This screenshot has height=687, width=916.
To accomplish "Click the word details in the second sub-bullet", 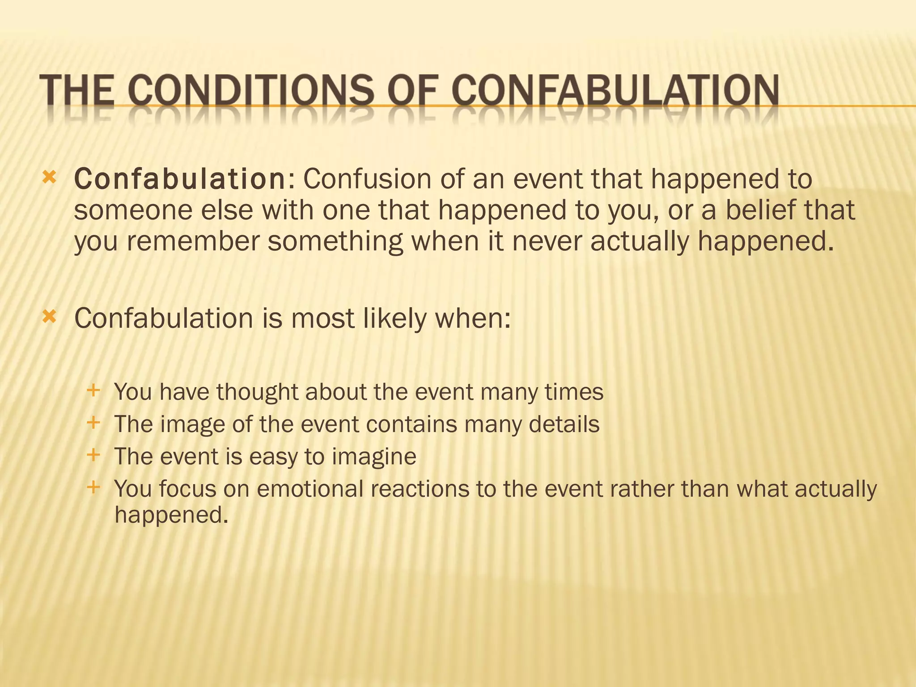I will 564,424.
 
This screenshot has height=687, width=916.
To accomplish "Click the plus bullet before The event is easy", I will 93,455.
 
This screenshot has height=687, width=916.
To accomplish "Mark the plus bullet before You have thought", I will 93,390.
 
